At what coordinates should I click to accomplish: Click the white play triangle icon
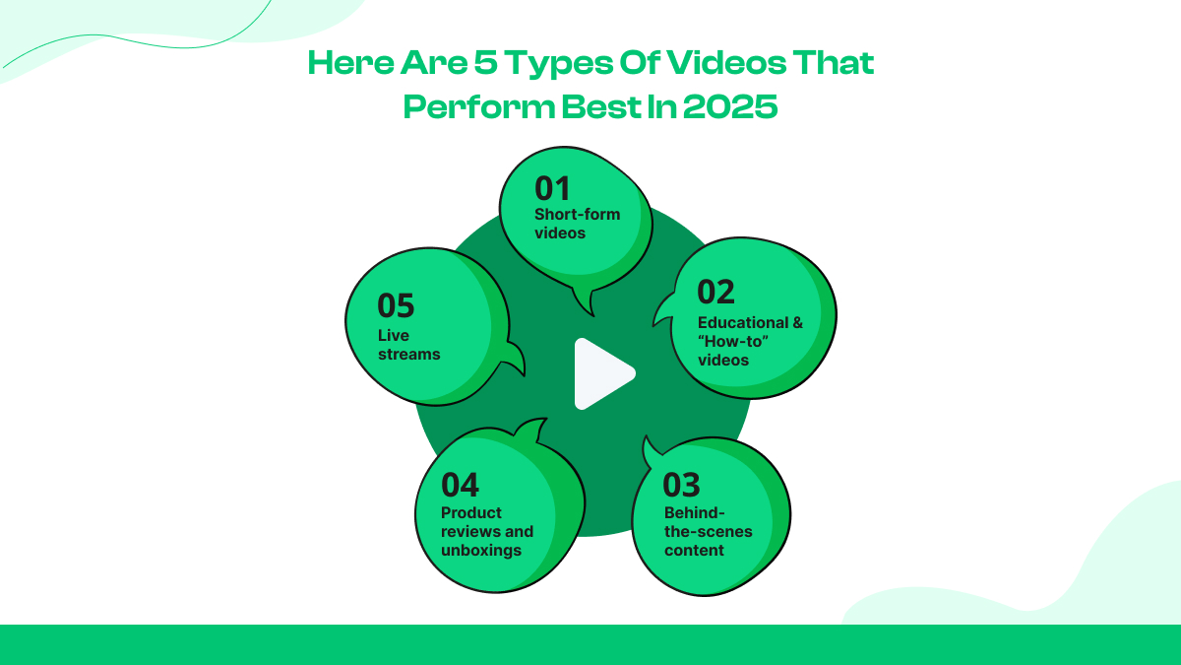point(601,373)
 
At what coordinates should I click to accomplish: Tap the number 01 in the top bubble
point(552,188)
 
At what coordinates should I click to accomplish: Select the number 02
point(715,293)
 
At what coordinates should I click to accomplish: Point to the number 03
point(681,485)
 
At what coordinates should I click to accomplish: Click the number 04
point(460,485)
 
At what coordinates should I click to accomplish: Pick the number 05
point(396,305)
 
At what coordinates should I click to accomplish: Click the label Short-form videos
point(577,224)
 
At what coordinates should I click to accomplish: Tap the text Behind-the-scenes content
point(708,531)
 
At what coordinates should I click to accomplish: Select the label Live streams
point(408,345)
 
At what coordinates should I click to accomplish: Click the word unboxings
point(481,550)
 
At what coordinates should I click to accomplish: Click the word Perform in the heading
point(464,105)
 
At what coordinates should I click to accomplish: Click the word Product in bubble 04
point(471,512)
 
